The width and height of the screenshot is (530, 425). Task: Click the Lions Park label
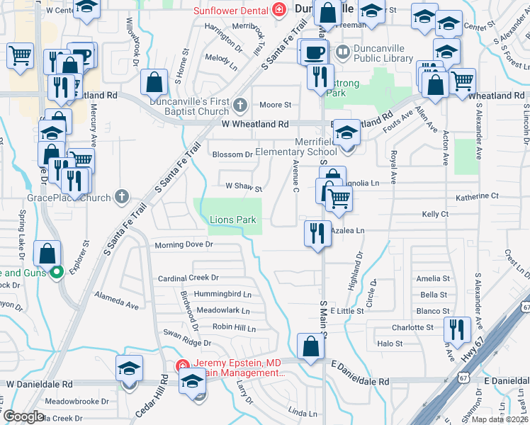point(232,220)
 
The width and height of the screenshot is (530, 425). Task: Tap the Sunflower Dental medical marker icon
point(279,11)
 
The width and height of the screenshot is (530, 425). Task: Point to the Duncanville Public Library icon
point(343,51)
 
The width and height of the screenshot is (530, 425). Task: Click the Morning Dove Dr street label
point(184,245)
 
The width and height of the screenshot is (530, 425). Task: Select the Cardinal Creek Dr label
point(188,278)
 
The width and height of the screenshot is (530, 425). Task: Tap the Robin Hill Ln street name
point(235,327)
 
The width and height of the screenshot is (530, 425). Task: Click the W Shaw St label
point(244,189)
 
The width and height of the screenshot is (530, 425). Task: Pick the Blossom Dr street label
point(233,154)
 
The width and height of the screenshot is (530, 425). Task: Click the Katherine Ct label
point(478,196)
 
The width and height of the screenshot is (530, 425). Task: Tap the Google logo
point(23,416)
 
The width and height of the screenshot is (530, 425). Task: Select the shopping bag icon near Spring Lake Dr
point(47,254)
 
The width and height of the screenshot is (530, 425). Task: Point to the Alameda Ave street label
point(117,302)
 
